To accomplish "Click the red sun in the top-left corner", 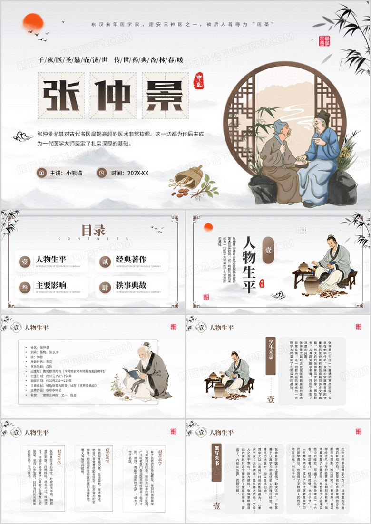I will point(33,23).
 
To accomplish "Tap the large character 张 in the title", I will point(59,95).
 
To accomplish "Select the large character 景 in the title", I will point(164,95).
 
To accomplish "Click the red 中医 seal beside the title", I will point(198,81).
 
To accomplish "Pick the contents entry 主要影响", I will point(51,285).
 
